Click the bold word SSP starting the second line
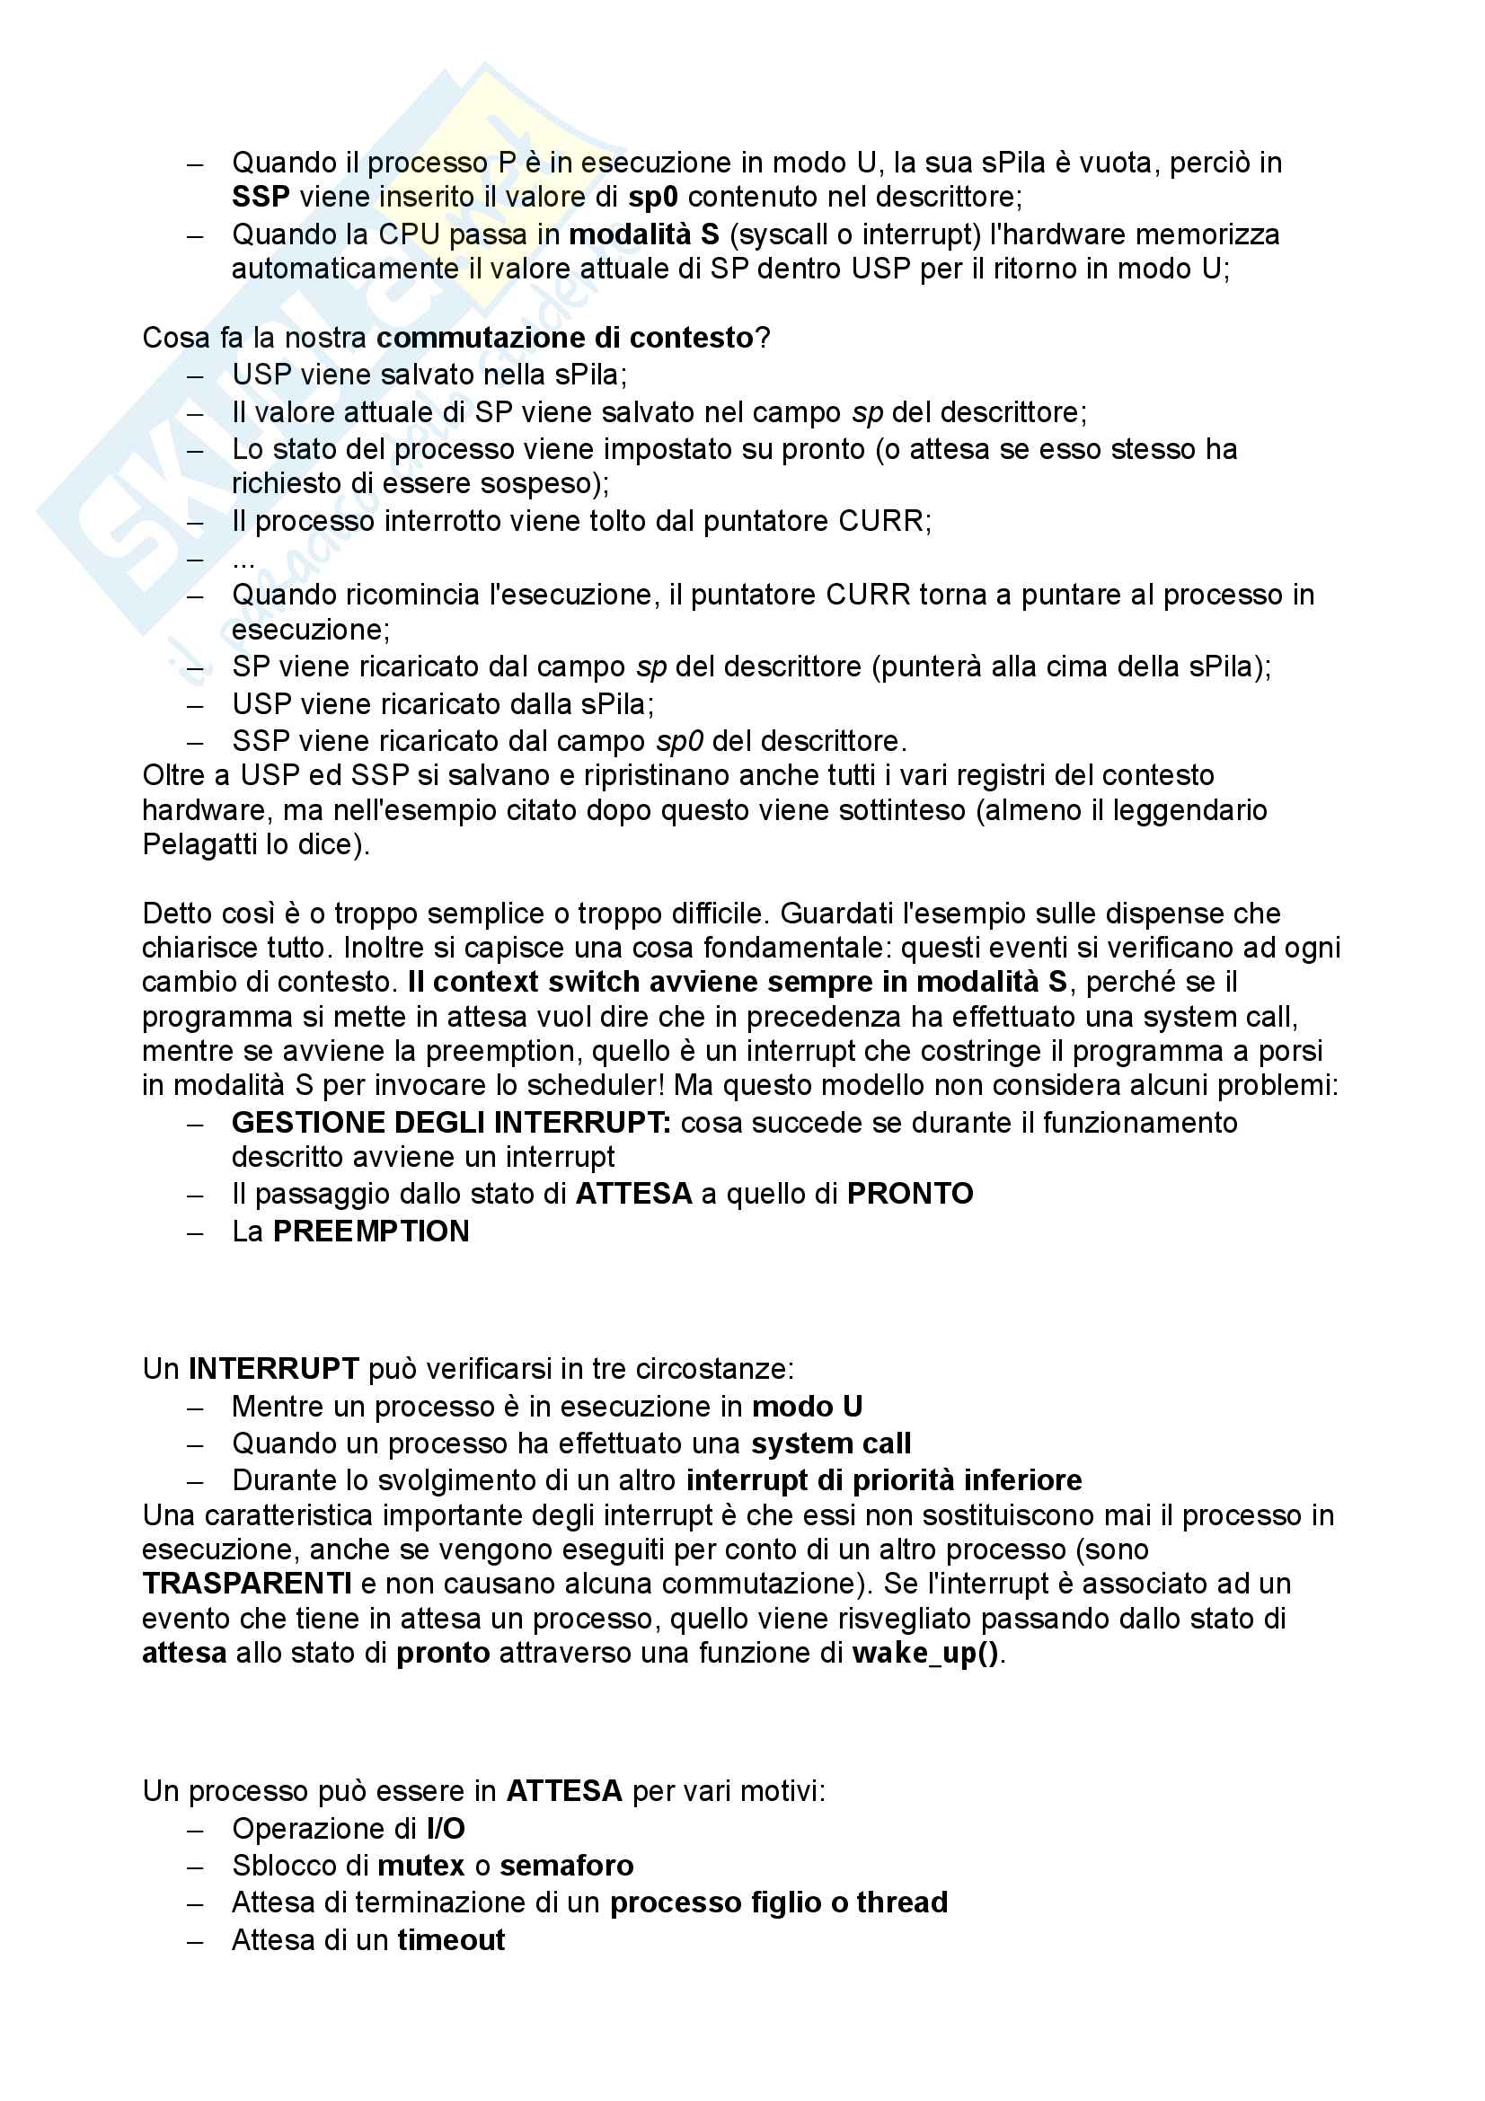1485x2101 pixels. click(x=260, y=197)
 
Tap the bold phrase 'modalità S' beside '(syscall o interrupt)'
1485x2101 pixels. click(x=643, y=234)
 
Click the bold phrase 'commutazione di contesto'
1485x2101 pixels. click(x=564, y=338)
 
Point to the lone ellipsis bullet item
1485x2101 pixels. click(x=243, y=559)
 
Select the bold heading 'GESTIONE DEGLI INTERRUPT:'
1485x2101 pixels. click(x=451, y=1122)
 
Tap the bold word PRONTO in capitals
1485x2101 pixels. click(x=909, y=1193)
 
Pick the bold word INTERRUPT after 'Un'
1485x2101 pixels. click(x=274, y=1368)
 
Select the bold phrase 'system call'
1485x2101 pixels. click(x=831, y=1443)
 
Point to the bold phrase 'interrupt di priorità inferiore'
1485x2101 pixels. click(x=884, y=1479)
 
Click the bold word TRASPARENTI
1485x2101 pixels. click(x=247, y=1583)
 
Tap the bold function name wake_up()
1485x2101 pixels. click(x=925, y=1653)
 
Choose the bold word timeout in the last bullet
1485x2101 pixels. click(x=451, y=1940)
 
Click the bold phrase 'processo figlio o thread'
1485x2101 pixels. click(x=779, y=1902)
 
